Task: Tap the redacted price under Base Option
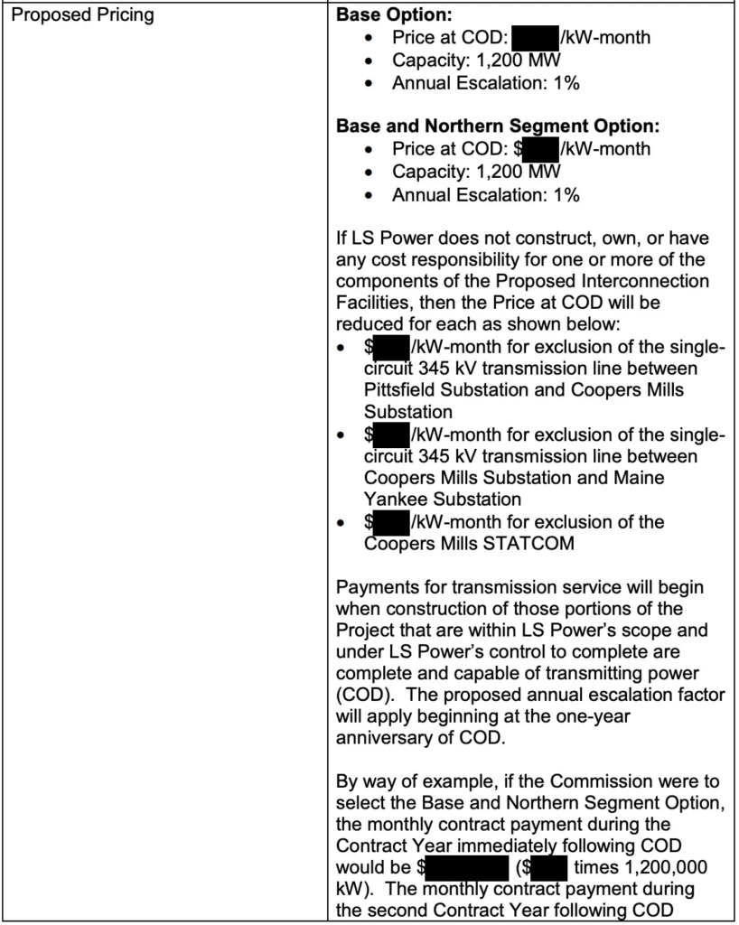tap(535, 39)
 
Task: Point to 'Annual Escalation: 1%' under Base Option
tap(485, 83)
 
